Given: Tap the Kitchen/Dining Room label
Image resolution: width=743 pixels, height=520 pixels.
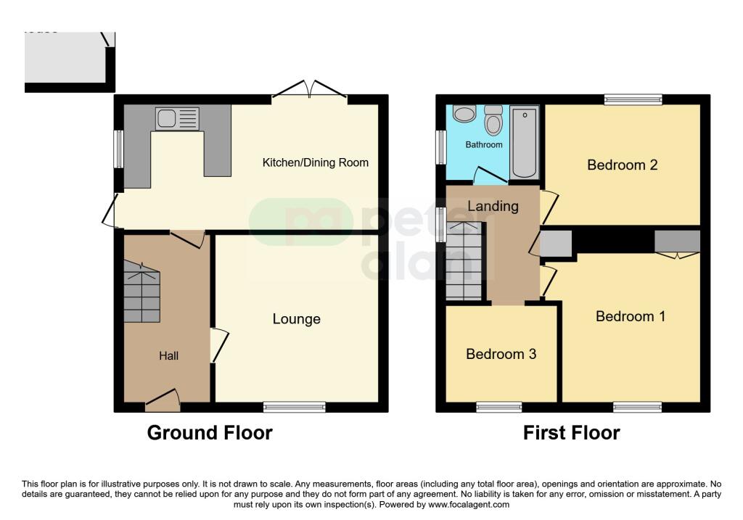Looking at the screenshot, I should (315, 162).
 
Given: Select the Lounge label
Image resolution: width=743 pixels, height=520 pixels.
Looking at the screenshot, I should (296, 319).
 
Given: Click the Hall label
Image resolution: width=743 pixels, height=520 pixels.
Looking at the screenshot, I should (169, 355).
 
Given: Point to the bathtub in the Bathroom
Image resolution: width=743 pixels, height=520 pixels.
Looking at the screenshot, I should (524, 142).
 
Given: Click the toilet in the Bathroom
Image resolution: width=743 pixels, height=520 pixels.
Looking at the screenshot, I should (494, 121).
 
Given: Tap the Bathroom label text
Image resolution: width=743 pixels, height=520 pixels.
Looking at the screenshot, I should (483, 145).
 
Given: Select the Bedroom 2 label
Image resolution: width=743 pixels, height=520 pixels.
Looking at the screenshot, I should (622, 165).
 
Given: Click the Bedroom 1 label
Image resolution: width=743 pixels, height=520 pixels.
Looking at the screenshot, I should (631, 316).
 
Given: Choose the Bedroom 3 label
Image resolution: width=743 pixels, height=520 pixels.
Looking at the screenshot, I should (501, 354).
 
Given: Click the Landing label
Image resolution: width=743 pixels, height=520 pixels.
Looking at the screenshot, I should (493, 206).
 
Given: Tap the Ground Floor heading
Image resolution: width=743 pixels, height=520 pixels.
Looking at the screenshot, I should (210, 433).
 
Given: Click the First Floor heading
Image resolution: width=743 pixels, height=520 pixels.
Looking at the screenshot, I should (572, 433).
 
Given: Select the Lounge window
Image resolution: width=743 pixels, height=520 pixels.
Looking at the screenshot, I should (295, 407).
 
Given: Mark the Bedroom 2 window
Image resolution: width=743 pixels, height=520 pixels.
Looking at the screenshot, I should (633, 99).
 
